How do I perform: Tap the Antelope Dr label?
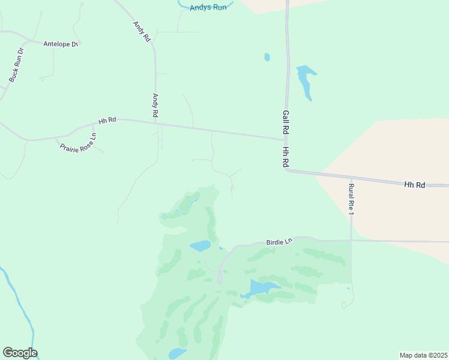[61, 44]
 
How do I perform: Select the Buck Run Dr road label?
[16, 65]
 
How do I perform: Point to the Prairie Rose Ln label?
[78, 142]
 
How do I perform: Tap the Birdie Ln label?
[279, 241]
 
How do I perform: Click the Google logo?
[20, 353]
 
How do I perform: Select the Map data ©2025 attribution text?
[423, 355]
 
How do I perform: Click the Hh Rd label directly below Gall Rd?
[286, 157]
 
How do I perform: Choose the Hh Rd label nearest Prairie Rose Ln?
[107, 121]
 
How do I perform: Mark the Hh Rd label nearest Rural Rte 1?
[414, 185]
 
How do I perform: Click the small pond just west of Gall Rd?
[267, 57]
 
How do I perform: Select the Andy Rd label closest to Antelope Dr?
[141, 31]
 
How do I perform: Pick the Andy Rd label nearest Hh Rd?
[155, 105]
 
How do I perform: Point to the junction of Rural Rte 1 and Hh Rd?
[351, 178]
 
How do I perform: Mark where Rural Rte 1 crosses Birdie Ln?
[351, 241]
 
